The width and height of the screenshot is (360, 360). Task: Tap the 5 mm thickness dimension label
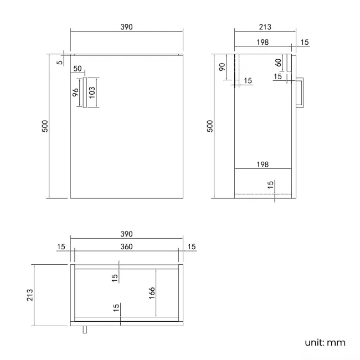(60, 62)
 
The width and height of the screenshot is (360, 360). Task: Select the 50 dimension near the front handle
(77, 69)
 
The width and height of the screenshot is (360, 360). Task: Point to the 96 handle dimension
(76, 92)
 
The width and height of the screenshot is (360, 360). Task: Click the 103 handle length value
(92, 92)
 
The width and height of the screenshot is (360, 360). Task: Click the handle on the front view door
(85, 92)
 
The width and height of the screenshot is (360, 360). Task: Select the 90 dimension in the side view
(222, 68)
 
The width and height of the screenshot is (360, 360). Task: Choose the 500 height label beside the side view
(210, 126)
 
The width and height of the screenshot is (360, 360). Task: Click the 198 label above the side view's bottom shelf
(263, 164)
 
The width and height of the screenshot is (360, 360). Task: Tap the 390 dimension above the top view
(127, 234)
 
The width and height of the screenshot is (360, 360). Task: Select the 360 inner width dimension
(127, 246)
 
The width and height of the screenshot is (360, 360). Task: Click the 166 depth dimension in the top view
(151, 292)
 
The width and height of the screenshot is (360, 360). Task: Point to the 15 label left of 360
(60, 246)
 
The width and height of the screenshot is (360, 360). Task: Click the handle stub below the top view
(84, 330)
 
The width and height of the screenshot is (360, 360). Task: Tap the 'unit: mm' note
(325, 342)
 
